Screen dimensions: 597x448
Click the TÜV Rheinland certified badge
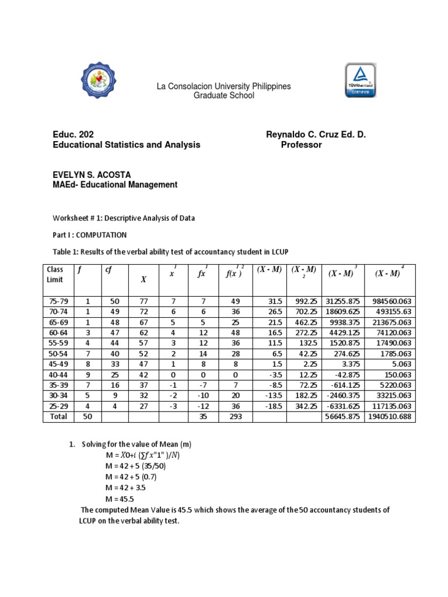pyautogui.click(x=360, y=82)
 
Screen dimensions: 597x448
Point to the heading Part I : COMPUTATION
pyautogui.click(x=90, y=235)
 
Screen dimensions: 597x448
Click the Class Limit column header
pyautogui.click(x=55, y=275)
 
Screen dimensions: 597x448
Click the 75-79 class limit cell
pyautogui.click(x=56, y=301)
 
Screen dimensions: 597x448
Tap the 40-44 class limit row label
pyautogui.click(x=56, y=374)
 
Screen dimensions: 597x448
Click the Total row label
pyautogui.click(x=58, y=416)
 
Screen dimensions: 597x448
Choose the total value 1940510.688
pyautogui.click(x=389, y=417)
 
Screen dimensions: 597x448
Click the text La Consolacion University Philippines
pyautogui.click(x=223, y=86)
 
